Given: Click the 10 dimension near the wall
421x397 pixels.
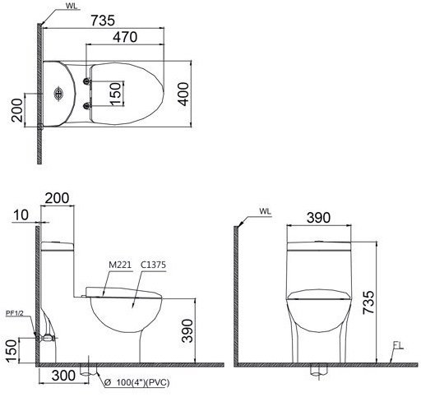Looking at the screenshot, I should (21, 215).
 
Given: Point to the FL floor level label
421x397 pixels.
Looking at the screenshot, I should (397, 345).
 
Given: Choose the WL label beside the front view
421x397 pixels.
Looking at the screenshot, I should (264, 211).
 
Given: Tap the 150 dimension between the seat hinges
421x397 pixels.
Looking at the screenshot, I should (116, 94).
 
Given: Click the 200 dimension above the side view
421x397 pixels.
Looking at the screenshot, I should (58, 198).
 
